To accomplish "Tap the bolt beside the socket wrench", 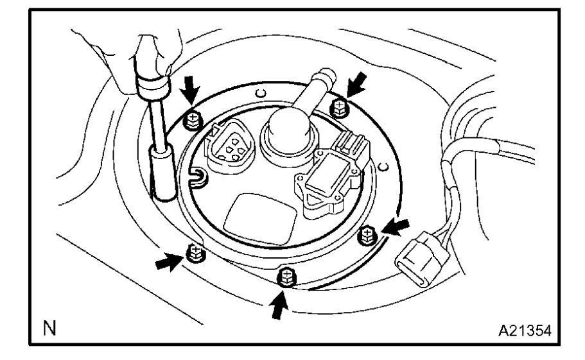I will click(x=191, y=119).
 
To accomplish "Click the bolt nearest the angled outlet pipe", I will click(x=338, y=107).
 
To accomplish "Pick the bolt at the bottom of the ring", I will click(x=283, y=277).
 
